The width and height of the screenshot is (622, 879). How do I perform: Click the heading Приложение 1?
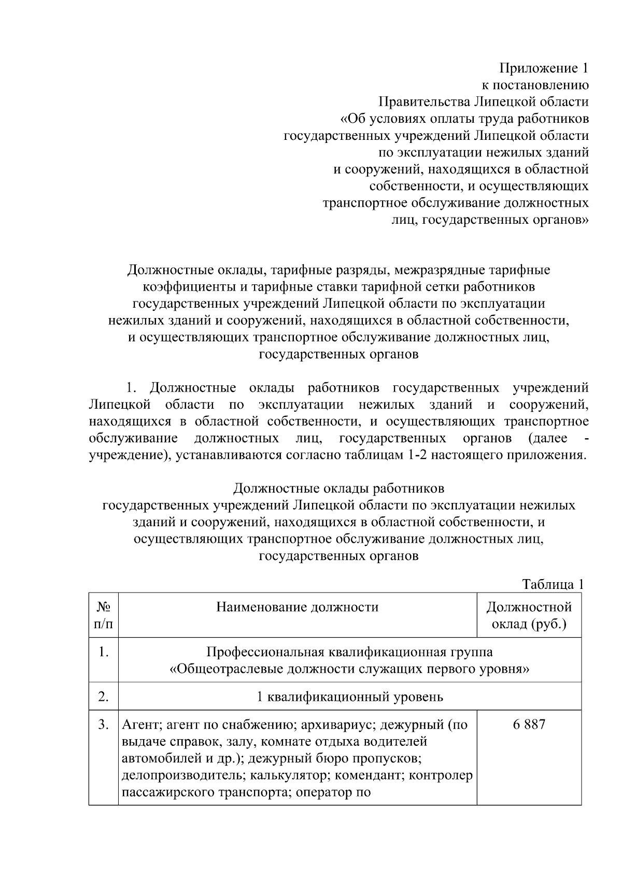pos(544,68)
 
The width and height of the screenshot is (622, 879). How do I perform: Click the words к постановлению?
pos(535,85)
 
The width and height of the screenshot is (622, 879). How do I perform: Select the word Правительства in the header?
pos(423,102)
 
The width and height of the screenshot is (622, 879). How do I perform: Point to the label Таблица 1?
pos(553,584)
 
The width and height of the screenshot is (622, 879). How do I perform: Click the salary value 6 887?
pos(529,724)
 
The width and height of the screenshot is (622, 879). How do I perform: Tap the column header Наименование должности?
pos(297,607)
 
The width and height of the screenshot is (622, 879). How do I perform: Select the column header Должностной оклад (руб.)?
pos(529,615)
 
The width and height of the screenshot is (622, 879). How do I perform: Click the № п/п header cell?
pos(103,615)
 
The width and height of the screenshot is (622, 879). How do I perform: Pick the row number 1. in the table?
pos(103,652)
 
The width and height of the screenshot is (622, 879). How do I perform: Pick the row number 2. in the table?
pos(103,696)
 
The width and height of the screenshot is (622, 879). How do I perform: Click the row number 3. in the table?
pos(103,724)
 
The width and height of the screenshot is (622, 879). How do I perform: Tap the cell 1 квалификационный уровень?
pos(350,696)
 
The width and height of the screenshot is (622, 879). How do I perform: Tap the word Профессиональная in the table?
pos(264,652)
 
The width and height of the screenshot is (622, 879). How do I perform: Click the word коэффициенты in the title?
pos(186,287)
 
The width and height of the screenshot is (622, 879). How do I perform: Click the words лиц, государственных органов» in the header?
pos(489,220)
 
